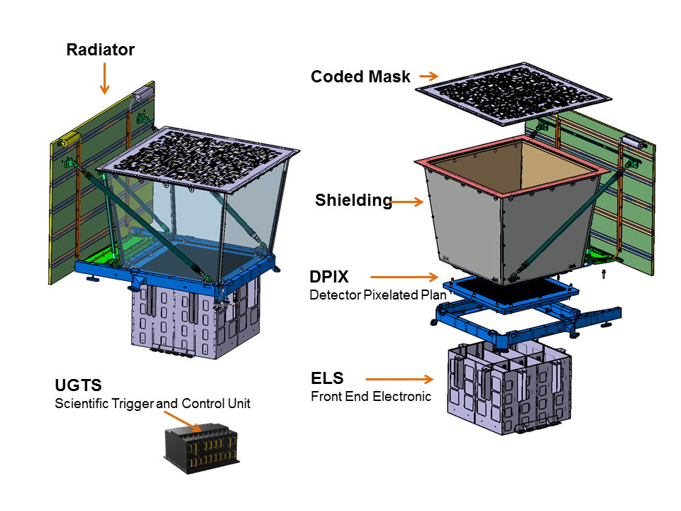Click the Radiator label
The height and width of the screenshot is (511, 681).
(x=100, y=50)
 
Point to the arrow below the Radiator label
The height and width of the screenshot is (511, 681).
(x=105, y=77)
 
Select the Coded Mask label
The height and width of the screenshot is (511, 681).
(x=360, y=77)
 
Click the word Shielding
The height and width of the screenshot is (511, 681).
(x=353, y=201)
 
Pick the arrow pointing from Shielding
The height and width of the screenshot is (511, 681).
(x=407, y=202)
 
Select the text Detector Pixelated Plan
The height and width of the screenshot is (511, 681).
(x=378, y=295)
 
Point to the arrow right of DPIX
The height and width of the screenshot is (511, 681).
(x=405, y=277)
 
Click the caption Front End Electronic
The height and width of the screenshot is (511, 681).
(x=370, y=396)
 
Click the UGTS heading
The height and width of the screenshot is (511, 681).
(x=78, y=386)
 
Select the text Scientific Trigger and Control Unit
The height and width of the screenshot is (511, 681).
(x=153, y=404)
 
